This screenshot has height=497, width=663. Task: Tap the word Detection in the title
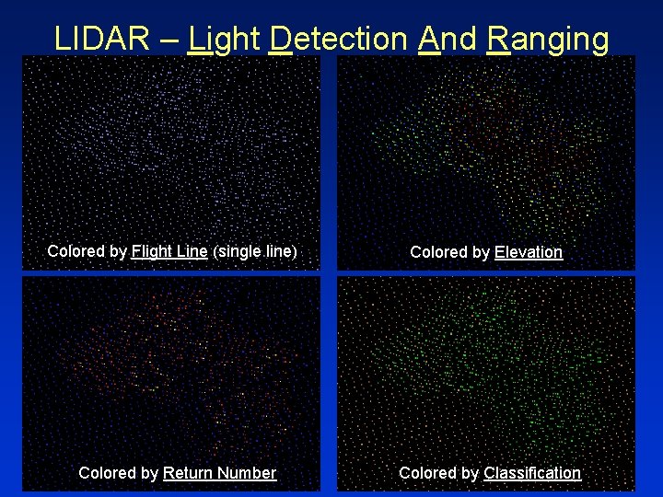(339, 39)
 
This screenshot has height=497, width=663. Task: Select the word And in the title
(446, 39)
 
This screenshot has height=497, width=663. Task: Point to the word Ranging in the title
(547, 39)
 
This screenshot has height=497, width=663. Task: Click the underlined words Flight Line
(169, 251)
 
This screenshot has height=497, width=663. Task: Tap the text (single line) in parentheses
(255, 251)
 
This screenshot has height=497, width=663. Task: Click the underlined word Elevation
(528, 252)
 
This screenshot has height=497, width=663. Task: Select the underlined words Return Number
(219, 473)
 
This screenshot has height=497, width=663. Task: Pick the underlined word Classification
(532, 473)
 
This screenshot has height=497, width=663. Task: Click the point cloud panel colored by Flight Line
(171, 147)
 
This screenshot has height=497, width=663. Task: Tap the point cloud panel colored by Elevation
(486, 147)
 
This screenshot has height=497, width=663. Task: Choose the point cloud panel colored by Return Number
(171, 368)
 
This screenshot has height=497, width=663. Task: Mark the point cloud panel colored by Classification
(486, 368)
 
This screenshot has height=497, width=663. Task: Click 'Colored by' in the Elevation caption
(449, 252)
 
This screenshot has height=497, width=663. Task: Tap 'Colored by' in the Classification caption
(438, 473)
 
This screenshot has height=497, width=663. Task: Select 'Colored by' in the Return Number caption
(118, 473)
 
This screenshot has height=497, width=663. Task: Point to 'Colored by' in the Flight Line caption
(87, 251)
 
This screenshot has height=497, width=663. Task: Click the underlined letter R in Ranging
(497, 39)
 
